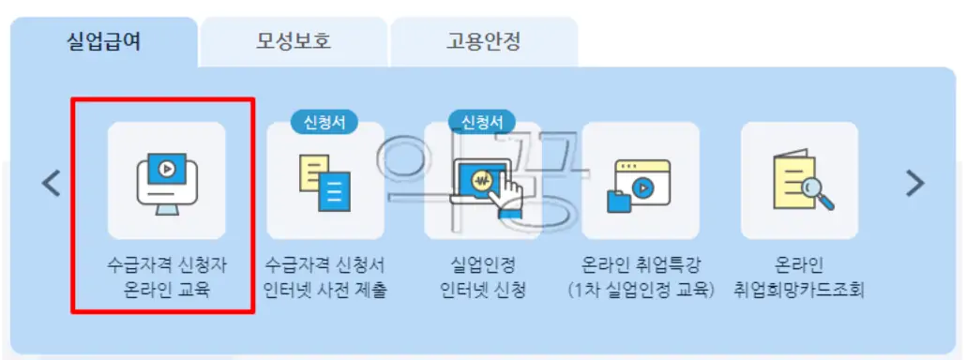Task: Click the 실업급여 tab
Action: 104,41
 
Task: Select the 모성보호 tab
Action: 294,41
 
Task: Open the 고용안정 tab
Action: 483,41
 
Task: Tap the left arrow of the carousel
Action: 52,184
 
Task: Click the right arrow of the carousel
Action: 914,184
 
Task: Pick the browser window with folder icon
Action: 641,184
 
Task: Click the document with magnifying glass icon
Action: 799,182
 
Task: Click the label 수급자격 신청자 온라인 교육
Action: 166,277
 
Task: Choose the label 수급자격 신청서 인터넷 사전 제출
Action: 325,277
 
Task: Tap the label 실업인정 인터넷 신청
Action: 483,277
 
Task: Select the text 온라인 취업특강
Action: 641,265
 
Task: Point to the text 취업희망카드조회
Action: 800,290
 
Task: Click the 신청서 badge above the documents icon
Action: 325,122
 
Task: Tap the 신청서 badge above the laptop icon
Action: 482,122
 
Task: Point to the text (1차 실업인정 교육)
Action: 641,290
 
